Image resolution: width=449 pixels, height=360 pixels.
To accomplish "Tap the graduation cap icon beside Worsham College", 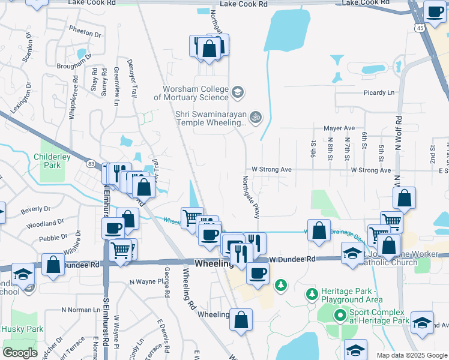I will tap(238, 92).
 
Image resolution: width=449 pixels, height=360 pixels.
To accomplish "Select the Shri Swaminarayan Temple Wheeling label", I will tap(211, 118).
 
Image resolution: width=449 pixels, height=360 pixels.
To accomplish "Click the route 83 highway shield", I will tap(91, 163).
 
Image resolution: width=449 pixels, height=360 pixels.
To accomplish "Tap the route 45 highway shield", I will tap(418, 28).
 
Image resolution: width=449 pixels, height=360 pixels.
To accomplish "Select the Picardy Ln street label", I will tap(379, 93).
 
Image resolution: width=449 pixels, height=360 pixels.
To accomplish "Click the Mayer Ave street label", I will tap(339, 128).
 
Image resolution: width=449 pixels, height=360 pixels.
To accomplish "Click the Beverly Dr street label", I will tap(35, 209).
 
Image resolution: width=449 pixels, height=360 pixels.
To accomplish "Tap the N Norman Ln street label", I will tap(80, 310).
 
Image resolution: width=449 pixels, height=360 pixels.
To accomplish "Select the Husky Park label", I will tap(22, 329).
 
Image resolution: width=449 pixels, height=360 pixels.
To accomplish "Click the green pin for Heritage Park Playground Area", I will tap(312, 293).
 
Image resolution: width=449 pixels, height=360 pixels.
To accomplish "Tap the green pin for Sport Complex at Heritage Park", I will tap(340, 314).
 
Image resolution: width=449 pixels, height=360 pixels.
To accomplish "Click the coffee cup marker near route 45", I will tap(434, 10).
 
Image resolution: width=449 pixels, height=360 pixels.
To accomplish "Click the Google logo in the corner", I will tap(20, 353).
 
